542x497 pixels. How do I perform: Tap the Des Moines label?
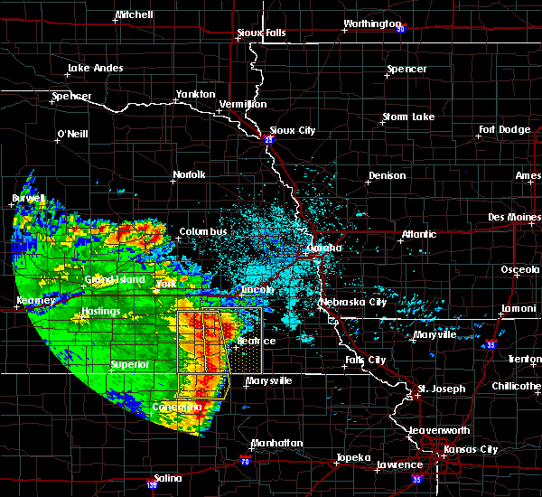pos(512,217)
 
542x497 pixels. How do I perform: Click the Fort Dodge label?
pos(505,129)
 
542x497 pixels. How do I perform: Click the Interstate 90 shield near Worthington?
pos(399,29)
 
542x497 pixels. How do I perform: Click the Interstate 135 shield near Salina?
pos(150,484)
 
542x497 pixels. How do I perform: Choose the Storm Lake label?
pos(408,117)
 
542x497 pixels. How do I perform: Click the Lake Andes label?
pos(92,68)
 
